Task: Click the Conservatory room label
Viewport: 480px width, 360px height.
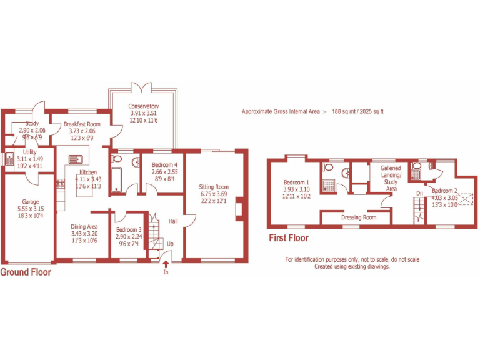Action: (144, 106)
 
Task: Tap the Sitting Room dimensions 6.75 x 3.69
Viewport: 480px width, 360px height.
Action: (214, 194)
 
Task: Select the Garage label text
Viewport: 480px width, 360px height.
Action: (31, 202)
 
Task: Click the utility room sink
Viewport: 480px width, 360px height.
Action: (10, 159)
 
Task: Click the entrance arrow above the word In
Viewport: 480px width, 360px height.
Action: (166, 264)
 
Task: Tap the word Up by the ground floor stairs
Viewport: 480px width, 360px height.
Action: (170, 244)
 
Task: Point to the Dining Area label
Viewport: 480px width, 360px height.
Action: (83, 227)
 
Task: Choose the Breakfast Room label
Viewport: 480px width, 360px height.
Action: (81, 124)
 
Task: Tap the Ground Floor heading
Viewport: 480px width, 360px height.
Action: (26, 272)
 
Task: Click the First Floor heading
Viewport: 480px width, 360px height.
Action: (288, 238)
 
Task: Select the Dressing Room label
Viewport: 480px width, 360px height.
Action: (358, 218)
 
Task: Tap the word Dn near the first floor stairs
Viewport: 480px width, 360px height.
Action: (419, 194)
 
